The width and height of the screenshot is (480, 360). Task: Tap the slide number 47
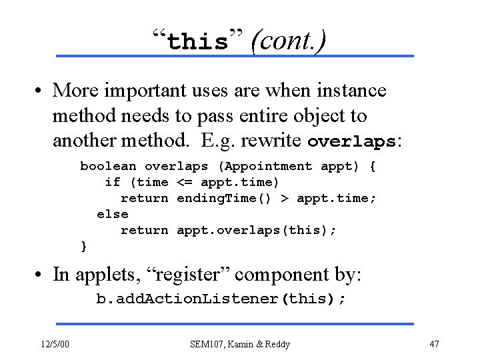pyautogui.click(x=434, y=344)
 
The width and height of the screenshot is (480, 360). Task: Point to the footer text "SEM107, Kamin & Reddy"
pyautogui.click(x=240, y=344)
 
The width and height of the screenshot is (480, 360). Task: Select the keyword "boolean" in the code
pyautogui.click(x=108, y=166)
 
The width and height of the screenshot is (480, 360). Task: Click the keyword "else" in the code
pyautogui.click(x=112, y=214)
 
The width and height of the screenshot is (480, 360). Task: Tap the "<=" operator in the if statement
pyautogui.click(x=184, y=182)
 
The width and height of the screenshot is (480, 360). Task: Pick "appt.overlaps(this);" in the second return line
pyautogui.click(x=257, y=230)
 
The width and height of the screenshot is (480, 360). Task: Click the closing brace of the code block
pyautogui.click(x=84, y=246)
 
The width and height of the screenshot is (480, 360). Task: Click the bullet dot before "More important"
pyautogui.click(x=41, y=90)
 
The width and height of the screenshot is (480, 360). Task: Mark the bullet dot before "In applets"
pyautogui.click(x=41, y=275)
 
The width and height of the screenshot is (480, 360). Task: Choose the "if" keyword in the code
pyautogui.click(x=112, y=182)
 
